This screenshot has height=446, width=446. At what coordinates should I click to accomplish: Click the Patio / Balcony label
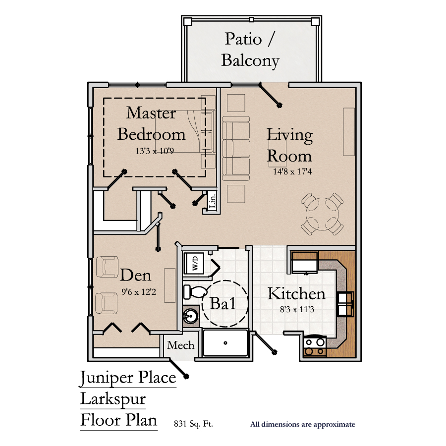250,50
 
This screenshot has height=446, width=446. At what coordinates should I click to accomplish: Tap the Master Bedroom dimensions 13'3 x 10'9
155,151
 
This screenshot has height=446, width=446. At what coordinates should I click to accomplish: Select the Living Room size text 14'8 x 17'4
292,171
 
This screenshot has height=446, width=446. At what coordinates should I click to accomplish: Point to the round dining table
322,214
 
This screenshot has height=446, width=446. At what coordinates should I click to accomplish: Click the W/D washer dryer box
194,263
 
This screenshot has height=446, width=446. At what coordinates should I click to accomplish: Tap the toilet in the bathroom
195,291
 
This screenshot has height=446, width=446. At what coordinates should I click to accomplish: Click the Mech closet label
180,345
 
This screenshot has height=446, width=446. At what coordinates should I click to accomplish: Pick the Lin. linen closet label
213,201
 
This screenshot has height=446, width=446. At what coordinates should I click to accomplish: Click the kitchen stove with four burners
315,346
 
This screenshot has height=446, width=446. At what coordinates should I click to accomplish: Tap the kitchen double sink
345,304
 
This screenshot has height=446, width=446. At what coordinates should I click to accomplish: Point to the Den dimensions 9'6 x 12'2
139,292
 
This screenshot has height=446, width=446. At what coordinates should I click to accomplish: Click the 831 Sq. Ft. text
193,424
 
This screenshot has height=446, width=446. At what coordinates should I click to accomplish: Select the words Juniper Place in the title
128,378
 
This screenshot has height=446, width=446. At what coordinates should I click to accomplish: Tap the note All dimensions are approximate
303,424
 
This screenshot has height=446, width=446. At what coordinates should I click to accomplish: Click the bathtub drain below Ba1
225,343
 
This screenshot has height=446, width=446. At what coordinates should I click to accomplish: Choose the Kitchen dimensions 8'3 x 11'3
297,309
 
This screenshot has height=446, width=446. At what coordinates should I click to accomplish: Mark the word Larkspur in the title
113,399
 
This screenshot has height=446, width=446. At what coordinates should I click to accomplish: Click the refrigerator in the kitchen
305,263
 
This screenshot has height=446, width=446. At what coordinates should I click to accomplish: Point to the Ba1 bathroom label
223,303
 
